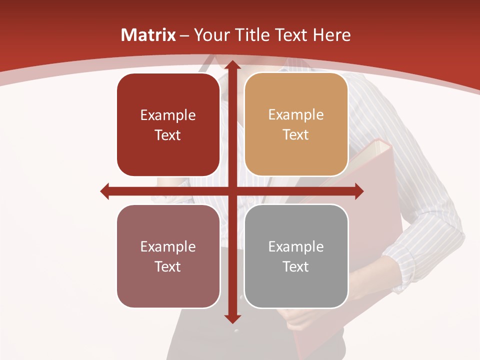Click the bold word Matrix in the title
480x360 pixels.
coord(148,35)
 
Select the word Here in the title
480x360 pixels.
coord(331,35)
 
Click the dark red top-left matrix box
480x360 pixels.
coord(168,125)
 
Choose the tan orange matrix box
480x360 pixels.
coord(296,124)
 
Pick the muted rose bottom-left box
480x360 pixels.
coord(168,256)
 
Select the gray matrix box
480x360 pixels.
coord(296,256)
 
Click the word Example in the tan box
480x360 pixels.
coord(296,115)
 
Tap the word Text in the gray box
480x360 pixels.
coord(296,266)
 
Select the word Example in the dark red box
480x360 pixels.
coord(168,115)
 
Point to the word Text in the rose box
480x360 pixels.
coord(168,266)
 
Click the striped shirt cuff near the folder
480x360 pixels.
coord(407,260)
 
